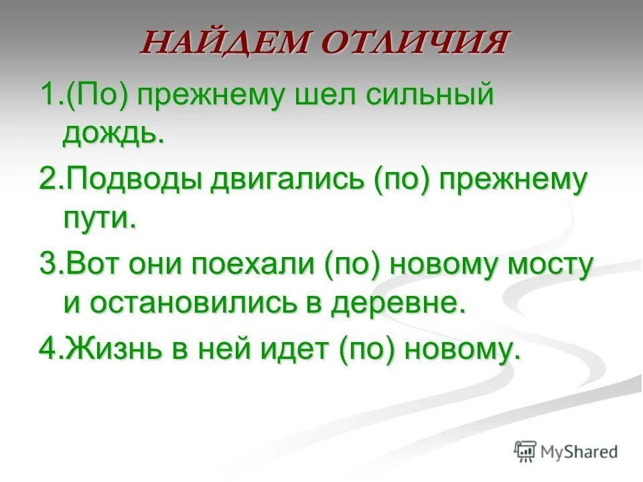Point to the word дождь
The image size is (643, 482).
click(x=113, y=134)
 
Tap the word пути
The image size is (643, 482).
click(x=99, y=220)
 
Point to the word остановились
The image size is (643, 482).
click(x=200, y=305)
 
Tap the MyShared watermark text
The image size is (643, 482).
click(x=580, y=452)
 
